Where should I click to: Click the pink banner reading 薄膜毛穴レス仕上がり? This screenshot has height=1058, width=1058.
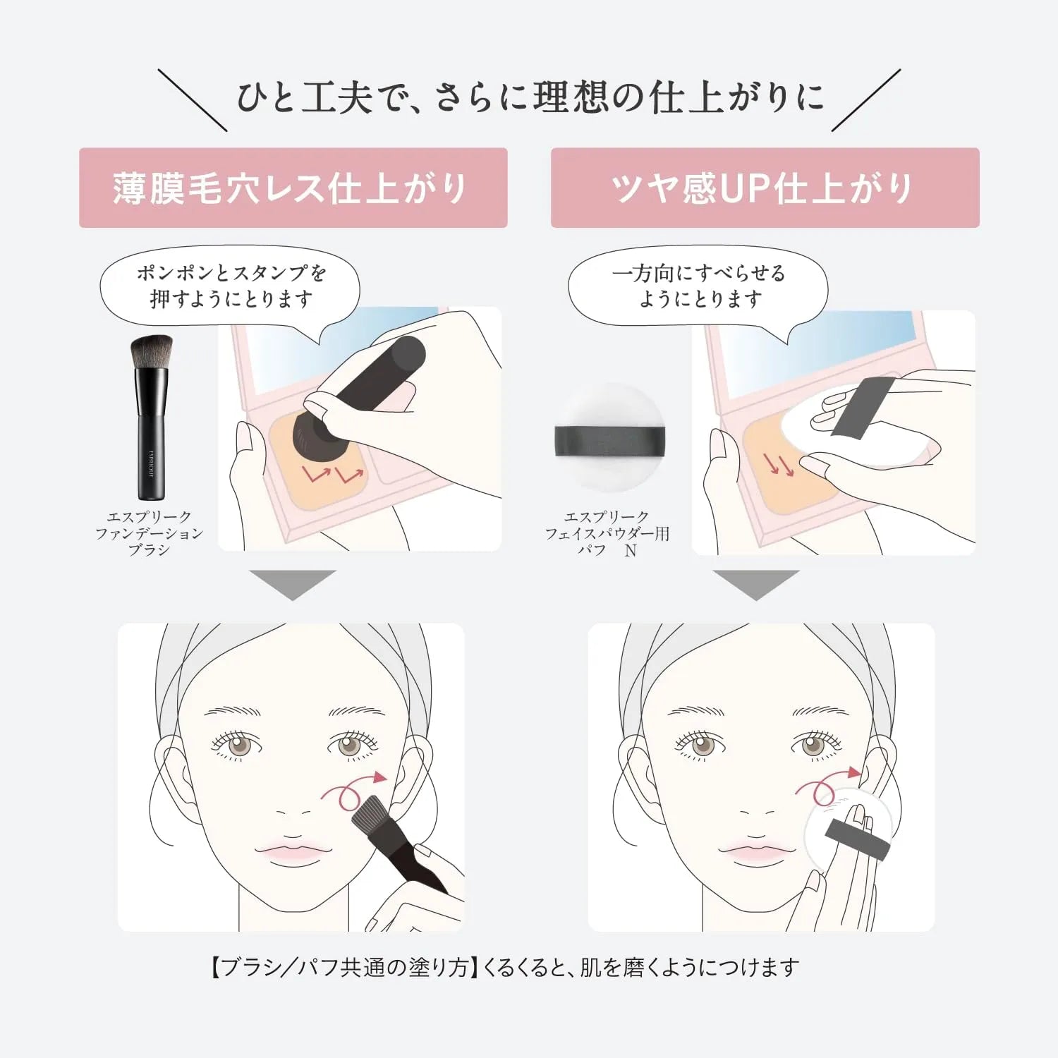click(293, 188)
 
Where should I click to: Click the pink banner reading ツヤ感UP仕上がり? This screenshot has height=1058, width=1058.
click(765, 188)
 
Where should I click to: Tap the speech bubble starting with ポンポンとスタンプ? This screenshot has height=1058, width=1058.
click(230, 286)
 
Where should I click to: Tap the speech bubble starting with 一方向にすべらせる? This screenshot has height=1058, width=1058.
click(698, 286)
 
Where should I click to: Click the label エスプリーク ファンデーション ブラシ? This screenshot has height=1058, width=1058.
click(149, 533)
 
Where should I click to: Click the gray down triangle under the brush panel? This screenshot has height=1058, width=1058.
click(292, 585)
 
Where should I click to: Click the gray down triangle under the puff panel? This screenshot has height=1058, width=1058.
click(755, 585)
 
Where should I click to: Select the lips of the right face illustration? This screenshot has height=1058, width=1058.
click(755, 851)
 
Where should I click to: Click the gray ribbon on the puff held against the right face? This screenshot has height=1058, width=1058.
click(857, 838)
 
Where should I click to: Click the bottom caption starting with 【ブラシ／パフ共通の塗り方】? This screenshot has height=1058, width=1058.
click(505, 967)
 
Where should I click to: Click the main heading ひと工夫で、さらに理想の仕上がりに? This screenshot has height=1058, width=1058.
click(529, 97)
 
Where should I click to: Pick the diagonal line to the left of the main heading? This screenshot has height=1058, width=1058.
click(192, 99)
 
